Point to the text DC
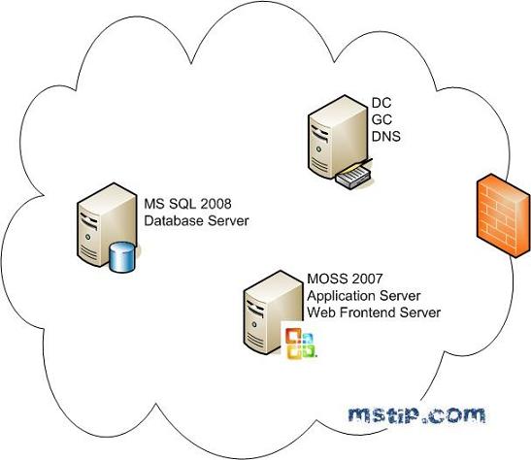[x=382, y=102]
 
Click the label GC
[x=382, y=119]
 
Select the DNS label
[x=386, y=137]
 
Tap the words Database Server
[x=197, y=221]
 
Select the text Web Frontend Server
[x=373, y=312]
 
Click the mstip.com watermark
[x=416, y=415]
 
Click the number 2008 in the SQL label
[x=216, y=204]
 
